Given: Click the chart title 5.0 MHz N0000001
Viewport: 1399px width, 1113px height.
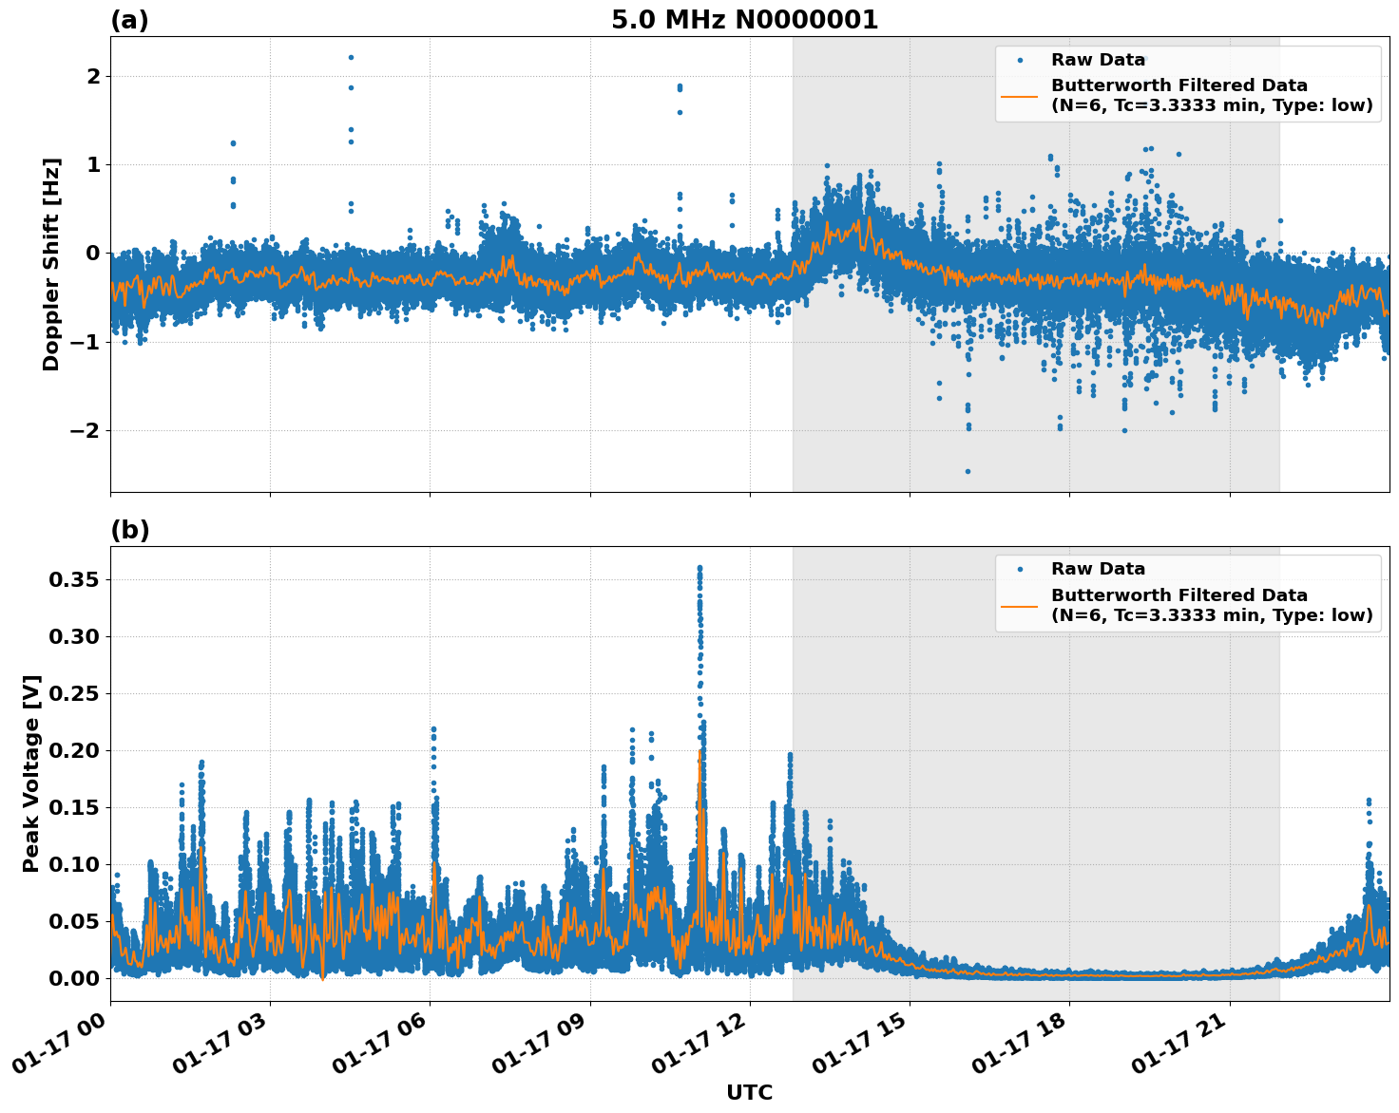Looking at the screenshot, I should [x=744, y=20].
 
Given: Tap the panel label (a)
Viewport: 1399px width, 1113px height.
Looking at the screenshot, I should [x=129, y=20].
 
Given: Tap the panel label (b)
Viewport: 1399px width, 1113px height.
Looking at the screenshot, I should [x=129, y=530].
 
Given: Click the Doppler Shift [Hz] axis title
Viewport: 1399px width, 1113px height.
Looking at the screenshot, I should [x=51, y=264].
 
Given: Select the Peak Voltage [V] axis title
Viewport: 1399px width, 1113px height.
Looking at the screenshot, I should [x=31, y=774].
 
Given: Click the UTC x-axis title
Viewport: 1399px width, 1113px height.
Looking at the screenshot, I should [x=749, y=1092].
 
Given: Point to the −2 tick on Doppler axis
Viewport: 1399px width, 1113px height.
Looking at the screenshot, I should [x=85, y=430].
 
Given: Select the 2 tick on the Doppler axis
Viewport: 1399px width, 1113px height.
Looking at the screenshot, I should [x=92, y=76].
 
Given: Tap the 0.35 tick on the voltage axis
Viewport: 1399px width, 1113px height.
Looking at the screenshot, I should [x=77, y=579].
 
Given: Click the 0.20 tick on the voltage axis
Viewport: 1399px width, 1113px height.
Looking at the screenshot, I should [x=77, y=750].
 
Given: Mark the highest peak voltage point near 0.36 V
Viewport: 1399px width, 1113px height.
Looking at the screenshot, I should [x=699, y=568].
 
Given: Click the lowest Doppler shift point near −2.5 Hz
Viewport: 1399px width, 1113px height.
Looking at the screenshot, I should [x=968, y=471].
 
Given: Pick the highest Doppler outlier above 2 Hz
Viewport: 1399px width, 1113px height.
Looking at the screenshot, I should [x=351, y=57].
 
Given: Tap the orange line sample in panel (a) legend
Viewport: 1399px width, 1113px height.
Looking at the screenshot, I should [x=1019, y=95].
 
